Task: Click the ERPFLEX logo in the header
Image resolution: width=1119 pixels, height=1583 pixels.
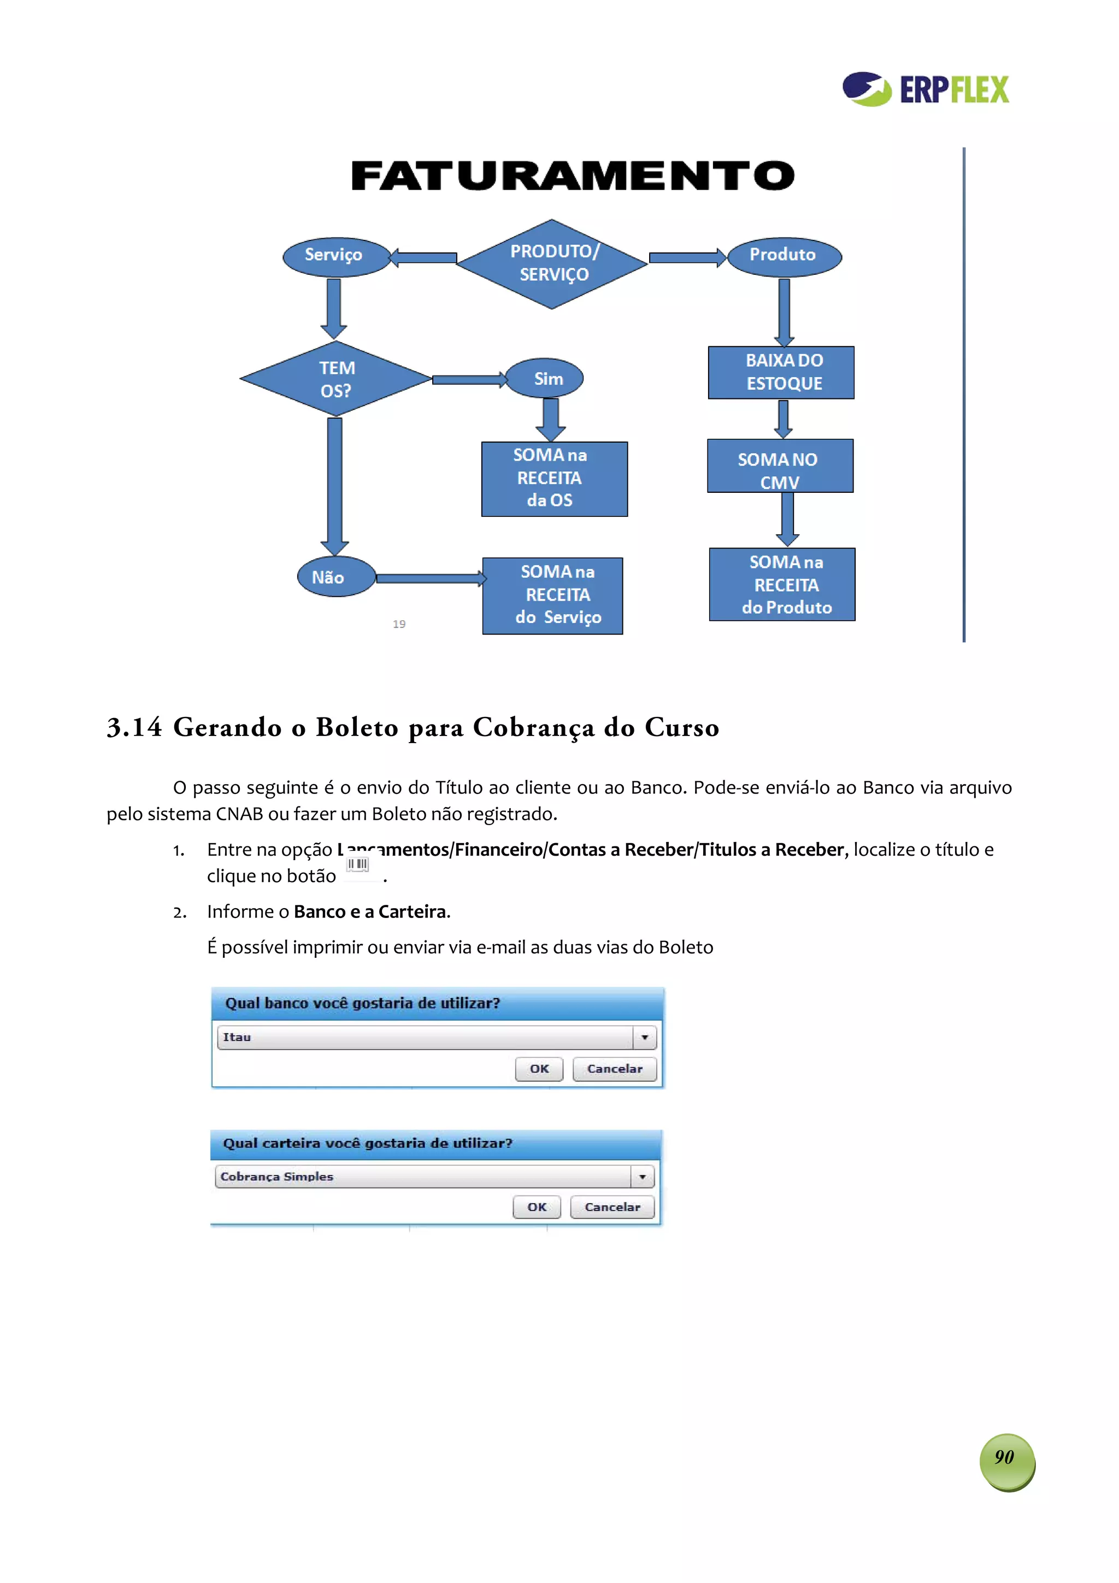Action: pyautogui.click(x=925, y=89)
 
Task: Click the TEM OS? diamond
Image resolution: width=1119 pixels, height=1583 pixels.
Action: pyautogui.click(x=336, y=379)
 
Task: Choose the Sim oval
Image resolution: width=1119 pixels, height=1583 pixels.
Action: pyautogui.click(x=545, y=379)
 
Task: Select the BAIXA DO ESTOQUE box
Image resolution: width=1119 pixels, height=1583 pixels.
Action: pyautogui.click(x=781, y=372)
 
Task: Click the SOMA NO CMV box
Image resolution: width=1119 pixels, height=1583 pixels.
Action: pyautogui.click(x=780, y=466)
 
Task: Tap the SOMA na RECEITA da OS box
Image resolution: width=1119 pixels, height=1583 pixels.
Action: pyautogui.click(x=555, y=479)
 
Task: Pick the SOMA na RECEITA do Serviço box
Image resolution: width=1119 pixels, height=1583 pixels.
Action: pyautogui.click(x=552, y=596)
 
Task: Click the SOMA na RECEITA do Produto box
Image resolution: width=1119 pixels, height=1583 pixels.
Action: pyautogui.click(x=782, y=585)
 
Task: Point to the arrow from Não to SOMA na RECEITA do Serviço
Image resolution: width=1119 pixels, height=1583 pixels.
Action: pyautogui.click(x=430, y=579)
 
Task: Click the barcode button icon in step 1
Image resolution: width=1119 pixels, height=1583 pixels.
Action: pyautogui.click(x=358, y=864)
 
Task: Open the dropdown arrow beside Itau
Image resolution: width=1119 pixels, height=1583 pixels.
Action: pyautogui.click(x=645, y=1038)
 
